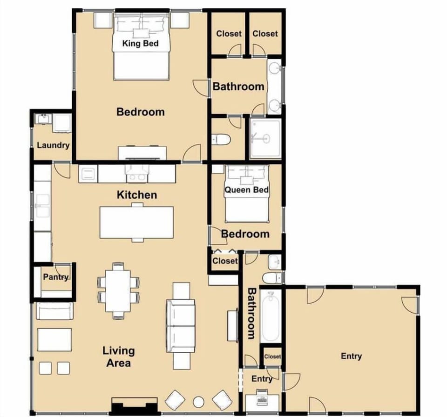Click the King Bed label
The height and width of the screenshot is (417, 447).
click(140, 44)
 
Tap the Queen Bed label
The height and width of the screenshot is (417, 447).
click(247, 190)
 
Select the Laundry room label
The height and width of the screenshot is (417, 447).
click(53, 145)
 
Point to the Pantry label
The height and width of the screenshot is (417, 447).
click(55, 277)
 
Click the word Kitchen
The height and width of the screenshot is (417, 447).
click(136, 195)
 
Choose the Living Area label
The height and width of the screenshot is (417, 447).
click(118, 356)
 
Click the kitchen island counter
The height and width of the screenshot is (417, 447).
click(136, 222)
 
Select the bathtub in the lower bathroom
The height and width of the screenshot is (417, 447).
click(270, 316)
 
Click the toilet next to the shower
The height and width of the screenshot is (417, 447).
click(221, 139)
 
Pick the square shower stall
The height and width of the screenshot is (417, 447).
click(265, 138)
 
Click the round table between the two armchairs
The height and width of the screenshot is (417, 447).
click(199, 402)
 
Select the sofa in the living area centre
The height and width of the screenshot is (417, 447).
click(181, 326)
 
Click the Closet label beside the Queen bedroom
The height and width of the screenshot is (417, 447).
click(225, 261)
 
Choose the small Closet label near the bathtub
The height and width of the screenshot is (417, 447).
click(272, 356)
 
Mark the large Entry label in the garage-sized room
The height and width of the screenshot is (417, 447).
click(351, 356)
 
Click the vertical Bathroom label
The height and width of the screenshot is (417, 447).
click(251, 313)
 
